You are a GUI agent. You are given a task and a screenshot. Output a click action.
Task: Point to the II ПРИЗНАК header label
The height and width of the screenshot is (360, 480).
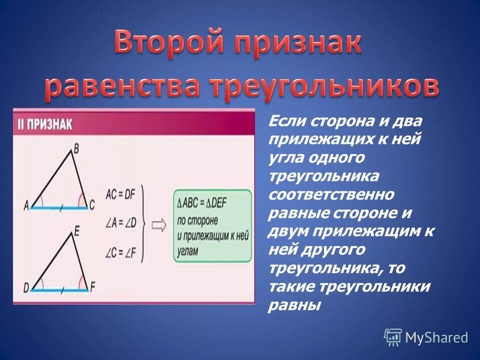(45, 124)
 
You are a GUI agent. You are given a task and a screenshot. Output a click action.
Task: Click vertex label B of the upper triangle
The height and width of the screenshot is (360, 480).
(76, 148)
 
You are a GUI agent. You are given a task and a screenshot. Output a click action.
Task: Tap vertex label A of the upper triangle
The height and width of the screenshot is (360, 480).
(25, 205)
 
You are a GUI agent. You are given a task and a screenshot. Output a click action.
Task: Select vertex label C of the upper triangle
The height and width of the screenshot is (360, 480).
(91, 205)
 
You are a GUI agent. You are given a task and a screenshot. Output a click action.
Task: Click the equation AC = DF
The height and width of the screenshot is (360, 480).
(120, 195)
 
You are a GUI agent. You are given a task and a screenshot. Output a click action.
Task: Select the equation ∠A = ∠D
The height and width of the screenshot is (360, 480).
(120, 223)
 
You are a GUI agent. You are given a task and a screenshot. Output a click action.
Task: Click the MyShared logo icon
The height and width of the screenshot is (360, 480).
(392, 337)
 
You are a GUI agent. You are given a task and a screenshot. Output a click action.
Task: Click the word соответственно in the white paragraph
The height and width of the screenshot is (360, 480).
(331, 193)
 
